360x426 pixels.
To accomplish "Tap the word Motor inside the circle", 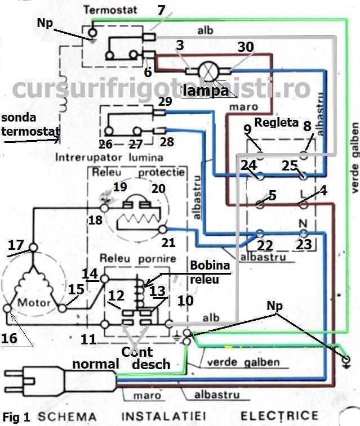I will (34, 302).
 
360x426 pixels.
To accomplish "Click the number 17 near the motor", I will (16, 245).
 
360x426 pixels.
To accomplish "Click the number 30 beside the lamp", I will (245, 47).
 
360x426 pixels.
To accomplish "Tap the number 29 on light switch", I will (165, 102).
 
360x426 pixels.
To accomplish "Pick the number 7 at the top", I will (161, 10).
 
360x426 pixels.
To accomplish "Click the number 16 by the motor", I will (10, 339).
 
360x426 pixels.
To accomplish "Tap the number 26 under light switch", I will (105, 145).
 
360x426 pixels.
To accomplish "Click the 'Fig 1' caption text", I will (16, 417).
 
